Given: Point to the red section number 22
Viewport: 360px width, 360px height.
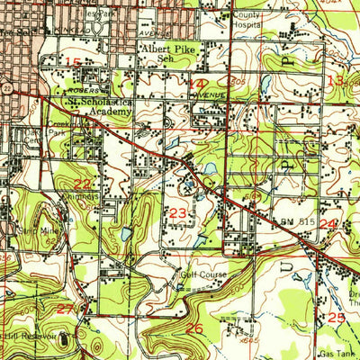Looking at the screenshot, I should (56, 183).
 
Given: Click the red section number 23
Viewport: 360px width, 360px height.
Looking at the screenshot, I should (178, 212).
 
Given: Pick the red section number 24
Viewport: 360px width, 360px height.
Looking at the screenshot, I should (328, 223).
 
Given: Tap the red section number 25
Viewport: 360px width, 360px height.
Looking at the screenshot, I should (336, 318).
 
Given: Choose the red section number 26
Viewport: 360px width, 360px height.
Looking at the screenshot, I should (194, 328).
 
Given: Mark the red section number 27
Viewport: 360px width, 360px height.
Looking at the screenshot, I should (65, 309).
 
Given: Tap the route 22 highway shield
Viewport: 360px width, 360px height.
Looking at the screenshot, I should (5, 89).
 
